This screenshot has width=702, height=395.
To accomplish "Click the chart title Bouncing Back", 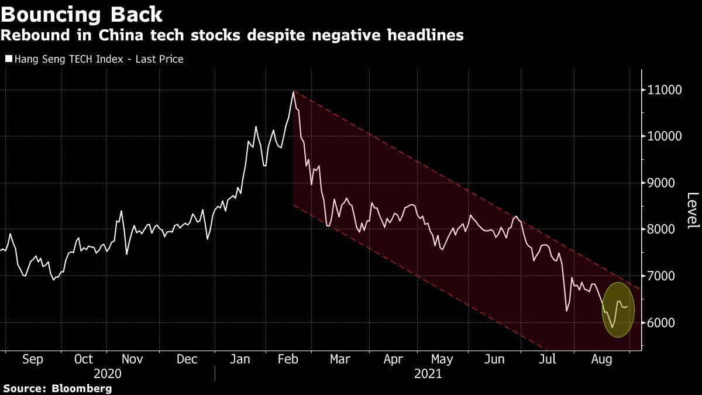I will pos(81,13).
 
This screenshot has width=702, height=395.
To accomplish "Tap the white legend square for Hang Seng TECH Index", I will pos(8,59).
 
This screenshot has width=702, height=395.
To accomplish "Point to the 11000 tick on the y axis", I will pos(664,90).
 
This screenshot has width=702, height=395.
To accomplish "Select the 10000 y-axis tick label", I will pos(664,136).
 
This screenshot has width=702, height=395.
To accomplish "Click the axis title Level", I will pos(693,211).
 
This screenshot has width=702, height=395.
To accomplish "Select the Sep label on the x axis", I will pos(32,359).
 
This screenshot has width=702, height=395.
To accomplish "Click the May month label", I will pos(442,359).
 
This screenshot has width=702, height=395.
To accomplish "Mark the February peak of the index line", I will pos(293,92).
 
